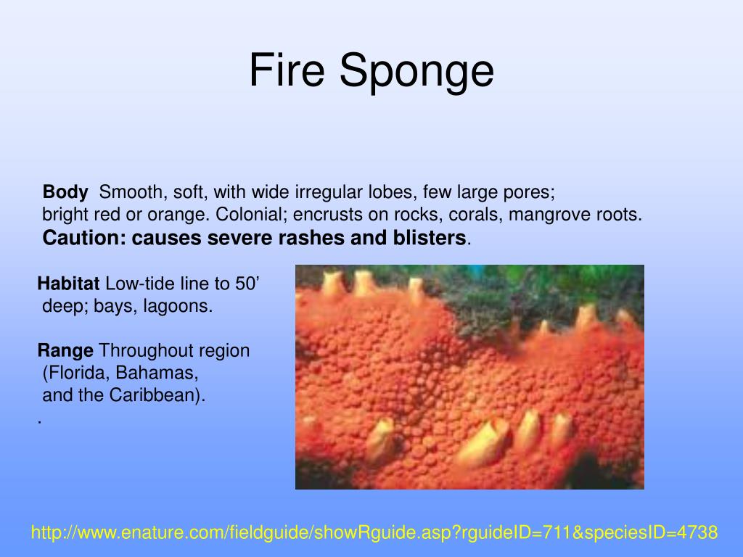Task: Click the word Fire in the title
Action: tap(287, 71)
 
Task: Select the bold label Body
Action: tap(65, 192)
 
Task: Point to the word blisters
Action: tap(433, 238)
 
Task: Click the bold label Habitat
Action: tap(69, 284)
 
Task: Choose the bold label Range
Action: tap(65, 351)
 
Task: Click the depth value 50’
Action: tap(246, 284)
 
